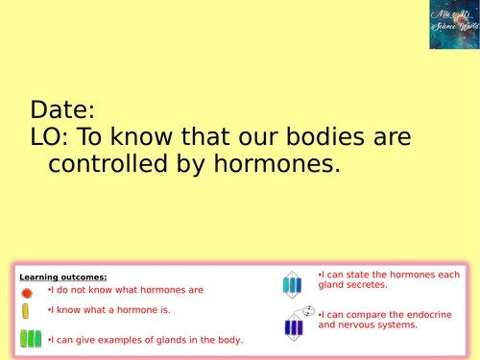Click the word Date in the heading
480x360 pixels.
[63, 108]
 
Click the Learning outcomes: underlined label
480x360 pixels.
[63, 277]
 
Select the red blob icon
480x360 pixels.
[27, 292]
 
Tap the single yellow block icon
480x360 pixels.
[26, 312]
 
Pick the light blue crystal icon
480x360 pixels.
[292, 282]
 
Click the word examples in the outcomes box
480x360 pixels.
[118, 339]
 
